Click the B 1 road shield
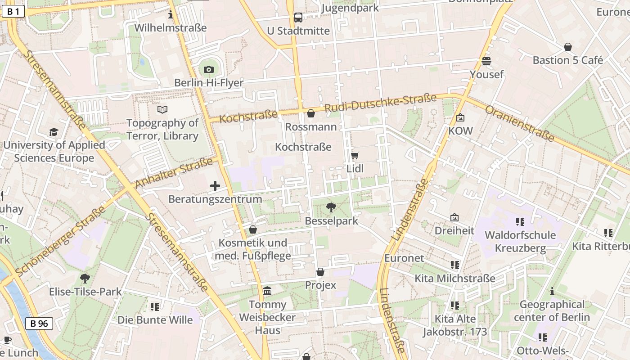(13, 12)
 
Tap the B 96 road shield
(39, 323)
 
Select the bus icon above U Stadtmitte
(298, 18)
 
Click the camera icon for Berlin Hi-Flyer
(208, 69)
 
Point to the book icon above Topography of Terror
(162, 109)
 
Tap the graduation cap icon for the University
(54, 132)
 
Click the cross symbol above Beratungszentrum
(215, 185)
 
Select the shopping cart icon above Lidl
(355, 156)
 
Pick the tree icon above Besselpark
(331, 207)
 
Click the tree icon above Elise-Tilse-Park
(85, 278)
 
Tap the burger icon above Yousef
(486, 61)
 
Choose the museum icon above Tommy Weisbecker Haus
(267, 291)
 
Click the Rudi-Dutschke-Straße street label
(381, 103)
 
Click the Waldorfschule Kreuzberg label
(520, 241)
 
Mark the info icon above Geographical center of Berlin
(552, 292)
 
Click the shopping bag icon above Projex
(320, 272)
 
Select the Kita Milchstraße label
(454, 278)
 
